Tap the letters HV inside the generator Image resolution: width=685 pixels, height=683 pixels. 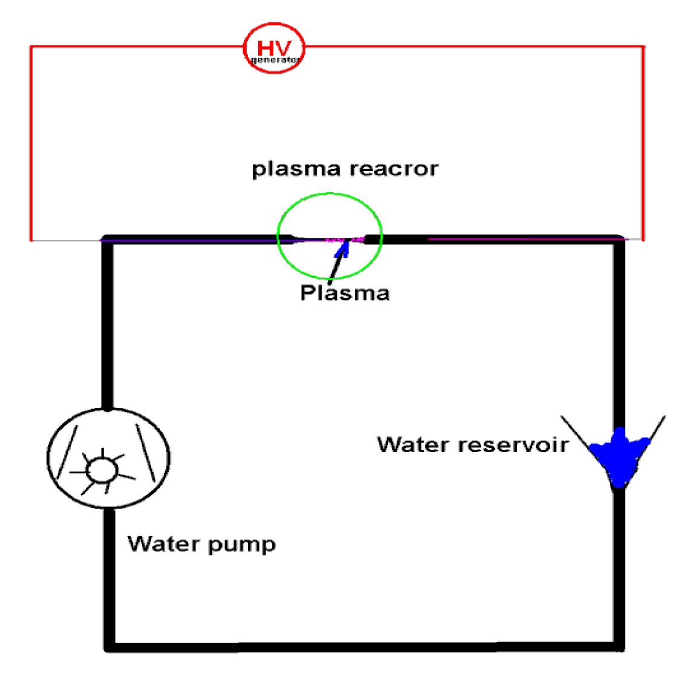(274, 47)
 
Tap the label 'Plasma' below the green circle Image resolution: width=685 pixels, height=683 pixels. (345, 293)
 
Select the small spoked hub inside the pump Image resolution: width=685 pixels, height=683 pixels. (100, 470)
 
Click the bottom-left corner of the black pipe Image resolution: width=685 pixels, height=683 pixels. (109, 646)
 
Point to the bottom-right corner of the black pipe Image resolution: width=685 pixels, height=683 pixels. (618, 646)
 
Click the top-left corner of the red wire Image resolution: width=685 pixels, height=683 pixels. (31, 47)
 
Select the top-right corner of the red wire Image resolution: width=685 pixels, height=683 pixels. (642, 47)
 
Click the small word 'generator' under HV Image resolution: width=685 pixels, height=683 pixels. (275, 60)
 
